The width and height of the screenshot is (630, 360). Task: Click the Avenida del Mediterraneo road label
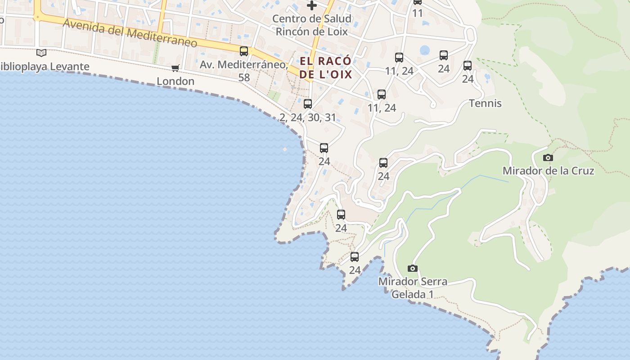(x=130, y=33)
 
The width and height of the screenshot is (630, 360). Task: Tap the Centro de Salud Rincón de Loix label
(x=311, y=25)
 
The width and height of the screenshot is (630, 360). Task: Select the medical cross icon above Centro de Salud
(x=311, y=5)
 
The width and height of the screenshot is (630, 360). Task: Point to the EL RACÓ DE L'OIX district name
(x=325, y=67)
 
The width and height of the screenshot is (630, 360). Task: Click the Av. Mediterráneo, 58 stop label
(x=243, y=71)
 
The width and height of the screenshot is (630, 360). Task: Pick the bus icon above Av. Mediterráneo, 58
(x=244, y=51)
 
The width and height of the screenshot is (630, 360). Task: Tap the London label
(x=175, y=81)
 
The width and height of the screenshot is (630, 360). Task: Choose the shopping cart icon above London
(x=175, y=68)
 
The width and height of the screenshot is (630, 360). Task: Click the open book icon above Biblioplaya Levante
(x=41, y=53)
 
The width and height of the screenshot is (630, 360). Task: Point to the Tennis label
(x=485, y=103)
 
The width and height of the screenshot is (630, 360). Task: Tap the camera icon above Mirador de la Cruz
(x=548, y=157)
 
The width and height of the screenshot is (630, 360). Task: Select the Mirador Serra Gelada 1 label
(x=413, y=288)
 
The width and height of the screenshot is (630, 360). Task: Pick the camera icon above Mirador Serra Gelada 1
(x=412, y=269)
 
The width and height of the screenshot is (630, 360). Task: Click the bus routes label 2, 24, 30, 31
(x=308, y=118)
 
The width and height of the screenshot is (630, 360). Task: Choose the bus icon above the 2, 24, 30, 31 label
(x=308, y=104)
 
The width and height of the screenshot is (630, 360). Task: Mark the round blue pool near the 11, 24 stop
(x=424, y=50)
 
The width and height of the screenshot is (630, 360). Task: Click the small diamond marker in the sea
(x=285, y=149)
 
